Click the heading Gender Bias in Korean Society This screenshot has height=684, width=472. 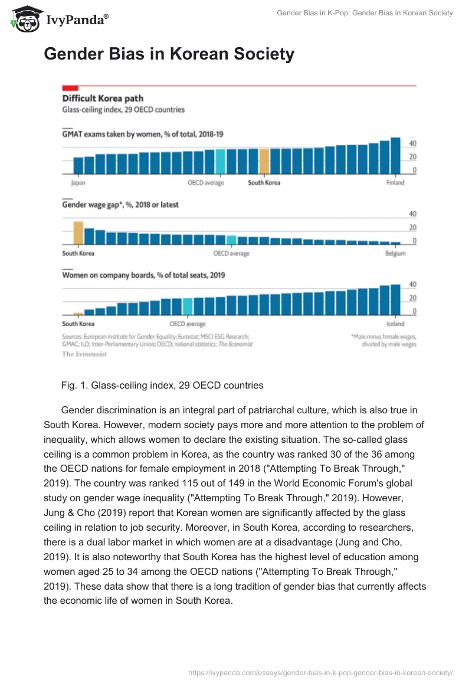tap(169, 55)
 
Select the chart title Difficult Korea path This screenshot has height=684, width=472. tap(103, 98)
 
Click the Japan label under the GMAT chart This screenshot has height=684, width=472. tap(78, 183)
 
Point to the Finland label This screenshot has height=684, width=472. tap(395, 183)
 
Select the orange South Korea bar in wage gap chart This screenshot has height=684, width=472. tap(78, 233)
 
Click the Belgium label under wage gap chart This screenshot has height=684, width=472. tap(395, 254)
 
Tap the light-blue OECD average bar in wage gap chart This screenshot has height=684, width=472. tap(232, 240)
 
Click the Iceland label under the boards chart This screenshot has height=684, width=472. tap(395, 324)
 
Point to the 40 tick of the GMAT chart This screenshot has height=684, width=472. tap(413, 143)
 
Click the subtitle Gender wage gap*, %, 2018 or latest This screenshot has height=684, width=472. tap(120, 205)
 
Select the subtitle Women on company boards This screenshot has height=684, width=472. tap(143, 275)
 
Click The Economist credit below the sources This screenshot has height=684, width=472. tap(84, 354)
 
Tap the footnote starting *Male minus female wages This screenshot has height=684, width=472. tap(383, 340)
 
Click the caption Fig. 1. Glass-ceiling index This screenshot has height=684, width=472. tap(162, 385)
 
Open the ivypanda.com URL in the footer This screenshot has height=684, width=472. tap(320, 672)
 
